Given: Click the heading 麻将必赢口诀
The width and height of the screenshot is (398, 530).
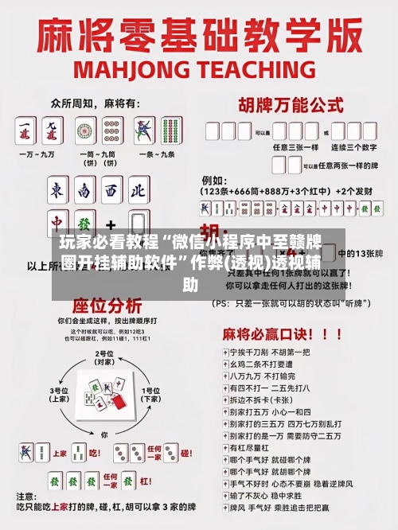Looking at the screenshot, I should point(295,333).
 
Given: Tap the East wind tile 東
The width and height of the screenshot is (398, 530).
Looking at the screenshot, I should point(57,190).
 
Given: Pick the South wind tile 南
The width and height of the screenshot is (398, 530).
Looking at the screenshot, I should point(84,190).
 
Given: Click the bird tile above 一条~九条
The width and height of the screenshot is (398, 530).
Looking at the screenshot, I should point(145,130).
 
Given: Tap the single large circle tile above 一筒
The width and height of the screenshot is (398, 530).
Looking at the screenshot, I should point(85,130).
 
